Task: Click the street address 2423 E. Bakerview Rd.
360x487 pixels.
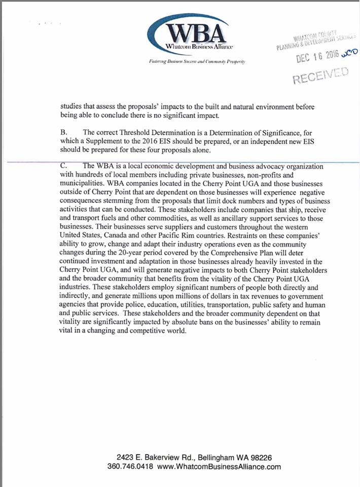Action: (155, 457)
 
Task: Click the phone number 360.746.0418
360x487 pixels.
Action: (130, 466)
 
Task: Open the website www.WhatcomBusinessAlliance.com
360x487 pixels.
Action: (219, 466)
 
